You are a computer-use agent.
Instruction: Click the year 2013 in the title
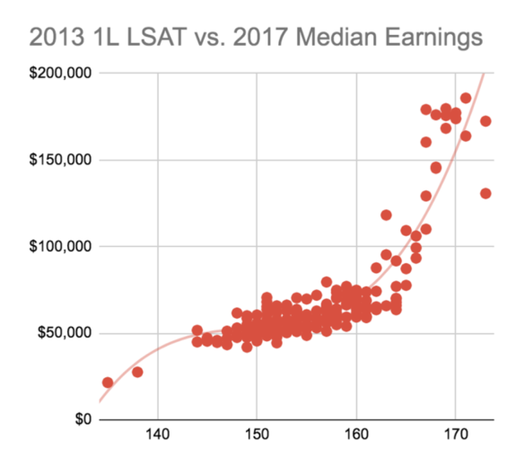click(x=56, y=37)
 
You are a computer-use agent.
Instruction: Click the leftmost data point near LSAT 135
click(x=108, y=382)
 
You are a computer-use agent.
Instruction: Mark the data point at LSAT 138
click(x=137, y=372)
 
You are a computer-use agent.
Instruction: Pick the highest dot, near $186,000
click(x=466, y=98)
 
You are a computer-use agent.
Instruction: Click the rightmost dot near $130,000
click(x=485, y=193)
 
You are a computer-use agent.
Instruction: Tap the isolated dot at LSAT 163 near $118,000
click(x=386, y=215)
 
